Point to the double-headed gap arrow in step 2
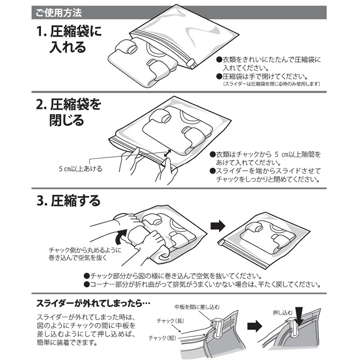pyautogui.click(x=167, y=154)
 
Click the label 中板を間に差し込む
pyautogui.click(x=197, y=307)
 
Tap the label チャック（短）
pyautogui.click(x=165, y=337)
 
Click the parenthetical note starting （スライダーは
pyautogui.click(x=271, y=84)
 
